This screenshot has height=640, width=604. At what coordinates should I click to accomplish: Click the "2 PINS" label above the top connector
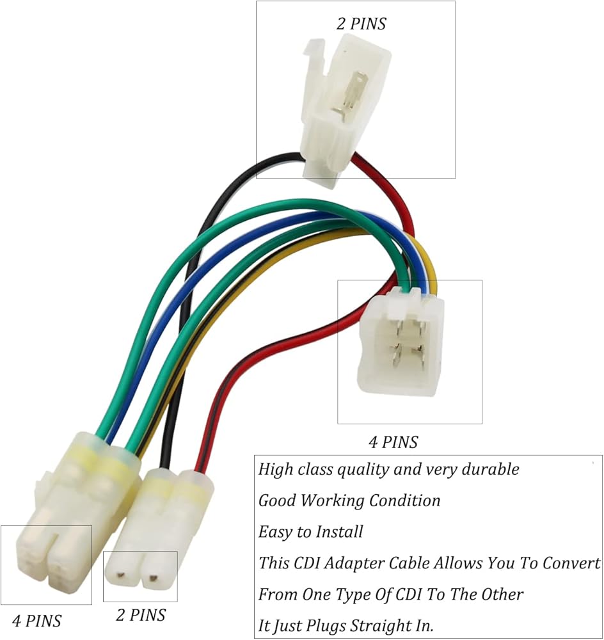(x=362, y=24)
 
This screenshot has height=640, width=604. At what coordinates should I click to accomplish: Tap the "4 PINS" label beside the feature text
(x=393, y=442)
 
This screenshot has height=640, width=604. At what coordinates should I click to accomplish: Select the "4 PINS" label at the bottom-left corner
(x=37, y=620)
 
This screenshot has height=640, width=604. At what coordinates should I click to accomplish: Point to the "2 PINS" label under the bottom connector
(x=141, y=615)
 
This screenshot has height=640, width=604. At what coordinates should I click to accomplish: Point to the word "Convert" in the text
(x=571, y=563)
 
